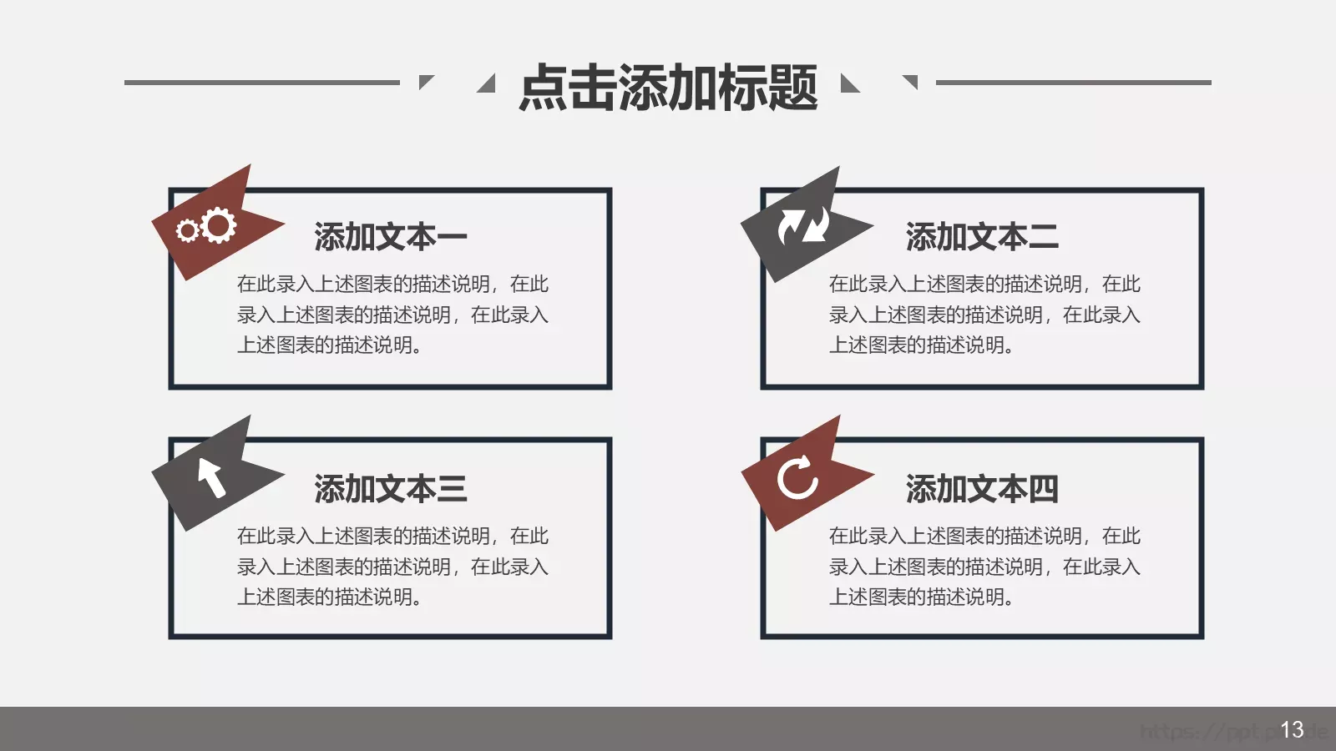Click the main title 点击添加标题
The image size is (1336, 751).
click(x=668, y=88)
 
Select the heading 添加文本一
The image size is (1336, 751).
click(x=390, y=238)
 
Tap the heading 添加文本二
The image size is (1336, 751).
click(x=982, y=238)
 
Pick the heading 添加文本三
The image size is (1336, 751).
click(x=390, y=489)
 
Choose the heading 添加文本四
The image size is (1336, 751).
click(x=982, y=489)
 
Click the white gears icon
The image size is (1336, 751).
click(x=207, y=226)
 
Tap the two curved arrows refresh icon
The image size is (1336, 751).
click(x=802, y=225)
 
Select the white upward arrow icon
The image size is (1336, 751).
click(x=211, y=477)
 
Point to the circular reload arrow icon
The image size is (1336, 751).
click(x=797, y=478)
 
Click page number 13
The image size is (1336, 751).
click(x=1292, y=730)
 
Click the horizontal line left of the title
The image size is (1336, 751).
click(x=261, y=83)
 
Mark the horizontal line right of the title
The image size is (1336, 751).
click(x=1073, y=83)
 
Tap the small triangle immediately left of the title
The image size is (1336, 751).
click(x=488, y=84)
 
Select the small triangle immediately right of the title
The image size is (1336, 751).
click(x=848, y=84)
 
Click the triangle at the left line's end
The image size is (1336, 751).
click(x=425, y=81)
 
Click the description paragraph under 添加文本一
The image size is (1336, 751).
click(x=392, y=315)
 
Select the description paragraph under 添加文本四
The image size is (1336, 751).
click(x=984, y=567)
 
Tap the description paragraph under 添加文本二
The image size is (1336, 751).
click(x=984, y=315)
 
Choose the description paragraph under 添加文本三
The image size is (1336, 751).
click(x=392, y=567)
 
